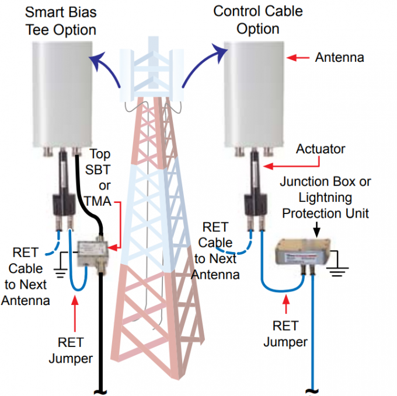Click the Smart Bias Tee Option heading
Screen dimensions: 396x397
click(x=61, y=20)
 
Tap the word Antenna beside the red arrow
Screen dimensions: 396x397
click(x=339, y=58)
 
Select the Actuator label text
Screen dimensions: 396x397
click(x=321, y=149)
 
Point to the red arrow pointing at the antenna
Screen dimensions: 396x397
click(x=298, y=58)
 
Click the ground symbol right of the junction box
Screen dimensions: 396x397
click(x=337, y=267)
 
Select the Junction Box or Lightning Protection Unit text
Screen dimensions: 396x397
click(x=325, y=198)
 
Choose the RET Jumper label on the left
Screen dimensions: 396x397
click(x=75, y=350)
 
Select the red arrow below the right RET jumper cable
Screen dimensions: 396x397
click(x=286, y=303)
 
